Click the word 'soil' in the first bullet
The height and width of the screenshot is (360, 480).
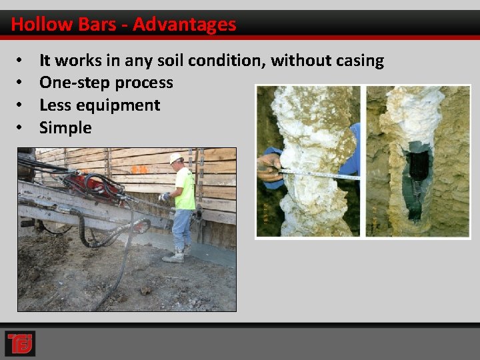(171, 61)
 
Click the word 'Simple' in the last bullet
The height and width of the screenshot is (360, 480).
(65, 127)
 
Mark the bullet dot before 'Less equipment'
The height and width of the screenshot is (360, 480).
(21, 105)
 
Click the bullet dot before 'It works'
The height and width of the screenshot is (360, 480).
(21, 61)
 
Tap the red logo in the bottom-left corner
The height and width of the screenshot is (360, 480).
(19, 343)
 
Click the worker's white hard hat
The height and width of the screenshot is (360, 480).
(176, 158)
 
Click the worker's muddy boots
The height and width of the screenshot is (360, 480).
(175, 256)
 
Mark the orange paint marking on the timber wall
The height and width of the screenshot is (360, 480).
(139, 170)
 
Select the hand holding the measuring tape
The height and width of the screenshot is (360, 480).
(270, 167)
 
